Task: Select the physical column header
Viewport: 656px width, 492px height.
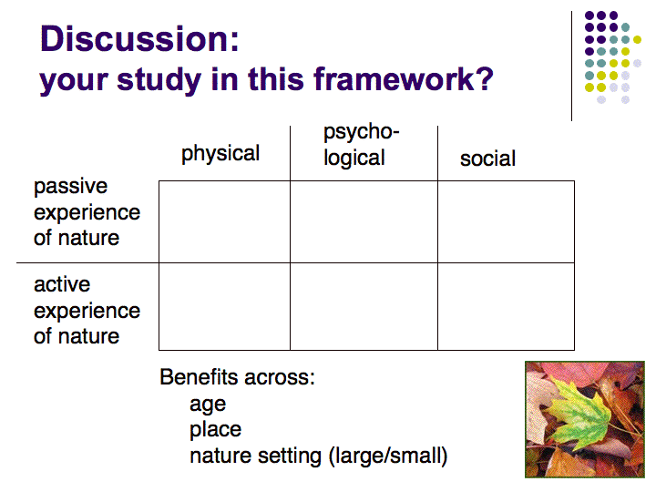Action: [220, 154]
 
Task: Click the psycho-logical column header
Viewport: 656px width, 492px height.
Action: [361, 145]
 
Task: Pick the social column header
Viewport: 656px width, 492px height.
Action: [487, 159]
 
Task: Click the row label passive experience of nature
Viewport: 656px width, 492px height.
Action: [87, 211]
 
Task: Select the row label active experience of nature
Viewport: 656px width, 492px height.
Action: [87, 310]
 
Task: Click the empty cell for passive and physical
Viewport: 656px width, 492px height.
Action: [224, 221]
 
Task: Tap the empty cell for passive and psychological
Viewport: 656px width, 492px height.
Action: [364, 221]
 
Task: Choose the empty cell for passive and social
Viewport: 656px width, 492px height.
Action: [506, 221]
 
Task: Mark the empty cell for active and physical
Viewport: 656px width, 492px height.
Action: [224, 307]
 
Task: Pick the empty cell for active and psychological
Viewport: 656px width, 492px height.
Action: [364, 307]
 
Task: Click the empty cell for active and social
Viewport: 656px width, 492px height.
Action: [506, 307]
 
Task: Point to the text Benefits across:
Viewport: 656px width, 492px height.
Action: [237, 377]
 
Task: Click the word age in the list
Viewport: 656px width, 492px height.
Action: [208, 405]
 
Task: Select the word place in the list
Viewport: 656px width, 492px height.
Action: [215, 430]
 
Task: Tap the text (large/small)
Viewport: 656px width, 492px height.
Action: [388, 456]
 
